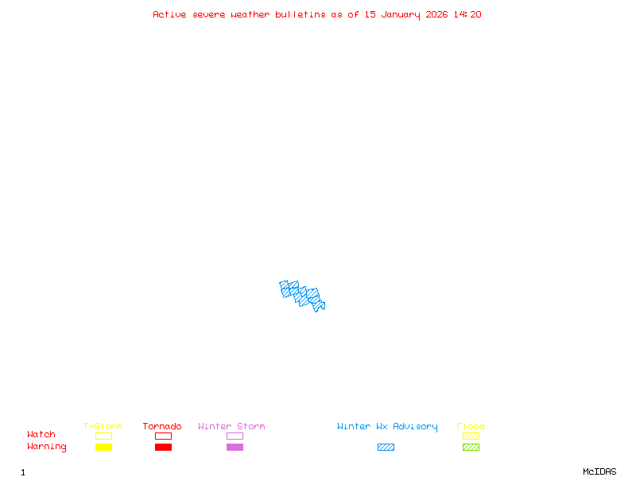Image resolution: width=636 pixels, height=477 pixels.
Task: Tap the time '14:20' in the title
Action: (467, 14)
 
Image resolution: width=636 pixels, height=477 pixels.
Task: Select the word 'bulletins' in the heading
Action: (301, 14)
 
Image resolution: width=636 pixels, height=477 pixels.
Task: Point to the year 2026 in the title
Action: (437, 14)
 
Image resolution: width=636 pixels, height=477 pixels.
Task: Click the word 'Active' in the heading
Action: (170, 14)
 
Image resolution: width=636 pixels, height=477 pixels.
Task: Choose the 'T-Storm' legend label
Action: (103, 426)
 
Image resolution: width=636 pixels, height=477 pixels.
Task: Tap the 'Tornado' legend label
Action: (162, 426)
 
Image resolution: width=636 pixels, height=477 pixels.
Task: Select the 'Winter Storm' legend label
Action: (231, 426)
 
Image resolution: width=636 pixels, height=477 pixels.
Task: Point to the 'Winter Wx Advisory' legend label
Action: (387, 426)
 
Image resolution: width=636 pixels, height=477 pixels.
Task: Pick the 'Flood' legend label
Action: (471, 426)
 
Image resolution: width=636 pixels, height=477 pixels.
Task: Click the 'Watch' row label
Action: (41, 435)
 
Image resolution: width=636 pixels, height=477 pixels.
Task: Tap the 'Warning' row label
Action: (47, 447)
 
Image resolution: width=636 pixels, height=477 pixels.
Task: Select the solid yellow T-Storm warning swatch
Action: (103, 447)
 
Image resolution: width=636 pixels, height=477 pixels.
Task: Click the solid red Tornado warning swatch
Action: (163, 447)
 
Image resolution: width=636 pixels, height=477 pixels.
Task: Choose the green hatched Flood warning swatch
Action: (471, 447)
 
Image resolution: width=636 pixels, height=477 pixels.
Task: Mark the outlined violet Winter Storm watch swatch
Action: (235, 436)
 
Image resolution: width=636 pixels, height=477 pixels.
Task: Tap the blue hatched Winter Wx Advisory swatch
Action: (386, 447)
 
